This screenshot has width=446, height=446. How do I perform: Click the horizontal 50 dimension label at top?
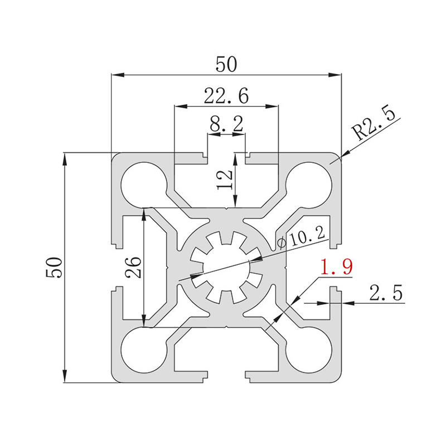226,64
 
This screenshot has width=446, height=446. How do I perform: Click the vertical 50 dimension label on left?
54,268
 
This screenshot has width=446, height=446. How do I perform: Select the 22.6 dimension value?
226,95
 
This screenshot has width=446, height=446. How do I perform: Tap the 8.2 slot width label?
226,124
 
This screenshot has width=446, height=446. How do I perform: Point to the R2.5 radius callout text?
373,124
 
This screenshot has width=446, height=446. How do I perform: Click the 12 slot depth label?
225,180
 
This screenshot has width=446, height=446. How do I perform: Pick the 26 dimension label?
133,268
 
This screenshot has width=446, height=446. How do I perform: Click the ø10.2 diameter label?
301,239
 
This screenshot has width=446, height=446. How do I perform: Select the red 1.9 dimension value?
337,267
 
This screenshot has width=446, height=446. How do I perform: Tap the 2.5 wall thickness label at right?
386,292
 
